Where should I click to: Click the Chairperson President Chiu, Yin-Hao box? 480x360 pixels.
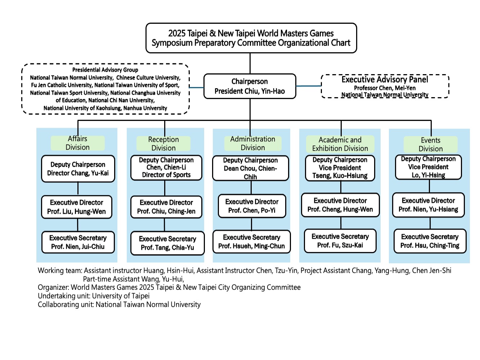[250, 86]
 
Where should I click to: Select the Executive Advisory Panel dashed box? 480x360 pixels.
[385, 86]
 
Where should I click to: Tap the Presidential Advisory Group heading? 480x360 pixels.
[105, 70]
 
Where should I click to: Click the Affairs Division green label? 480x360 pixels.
[78, 143]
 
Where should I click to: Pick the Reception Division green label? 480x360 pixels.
[163, 143]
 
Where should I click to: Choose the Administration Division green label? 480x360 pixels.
[253, 143]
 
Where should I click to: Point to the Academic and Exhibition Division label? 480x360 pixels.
[340, 144]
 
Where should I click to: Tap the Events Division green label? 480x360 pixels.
[431, 144]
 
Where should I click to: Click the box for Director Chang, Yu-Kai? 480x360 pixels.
[78, 168]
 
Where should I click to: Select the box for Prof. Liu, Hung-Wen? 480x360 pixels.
[77, 207]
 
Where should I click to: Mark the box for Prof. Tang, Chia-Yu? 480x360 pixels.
[167, 243]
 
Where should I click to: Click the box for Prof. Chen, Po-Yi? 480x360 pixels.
[252, 206]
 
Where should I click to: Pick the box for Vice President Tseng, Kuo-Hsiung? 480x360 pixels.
[340, 168]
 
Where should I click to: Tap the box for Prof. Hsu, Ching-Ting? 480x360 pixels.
[430, 241]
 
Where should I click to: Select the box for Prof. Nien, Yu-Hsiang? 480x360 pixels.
[429, 205]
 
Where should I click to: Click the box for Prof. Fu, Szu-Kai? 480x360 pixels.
[340, 240]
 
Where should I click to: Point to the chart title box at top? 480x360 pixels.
[251, 38]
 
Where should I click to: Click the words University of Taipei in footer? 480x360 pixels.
[121, 296]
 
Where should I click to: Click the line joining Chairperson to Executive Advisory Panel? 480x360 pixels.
[309, 86]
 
